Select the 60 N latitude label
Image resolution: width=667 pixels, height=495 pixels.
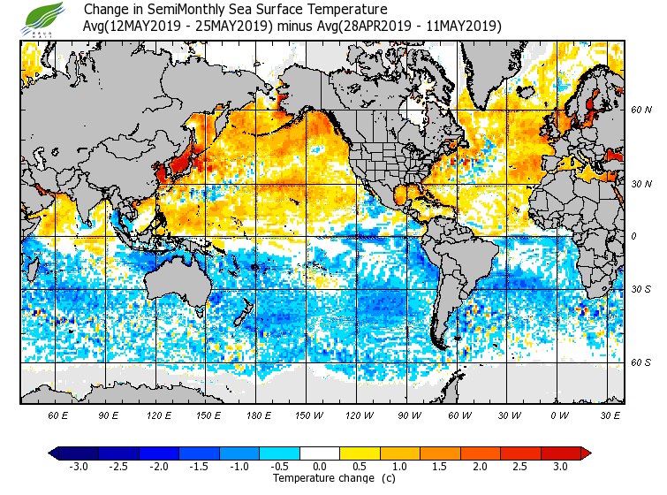[x=641, y=110]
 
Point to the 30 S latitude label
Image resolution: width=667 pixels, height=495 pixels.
[x=641, y=289]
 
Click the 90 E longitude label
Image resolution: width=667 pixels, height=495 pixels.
[x=109, y=415]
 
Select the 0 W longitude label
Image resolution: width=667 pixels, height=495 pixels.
[x=558, y=415]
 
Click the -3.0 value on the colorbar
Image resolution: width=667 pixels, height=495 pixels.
[x=78, y=466]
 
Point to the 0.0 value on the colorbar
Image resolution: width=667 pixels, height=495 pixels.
[x=320, y=466]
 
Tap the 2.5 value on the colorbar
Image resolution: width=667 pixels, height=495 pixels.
[x=521, y=466]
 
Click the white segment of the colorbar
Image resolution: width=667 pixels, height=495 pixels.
[x=320, y=453]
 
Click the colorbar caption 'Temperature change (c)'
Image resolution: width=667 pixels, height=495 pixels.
[x=333, y=478]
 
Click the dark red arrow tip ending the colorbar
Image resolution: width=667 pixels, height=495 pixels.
[x=586, y=453]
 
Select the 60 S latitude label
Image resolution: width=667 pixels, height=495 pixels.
[x=641, y=362]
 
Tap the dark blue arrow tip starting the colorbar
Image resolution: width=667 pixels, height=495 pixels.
[x=54, y=453]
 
